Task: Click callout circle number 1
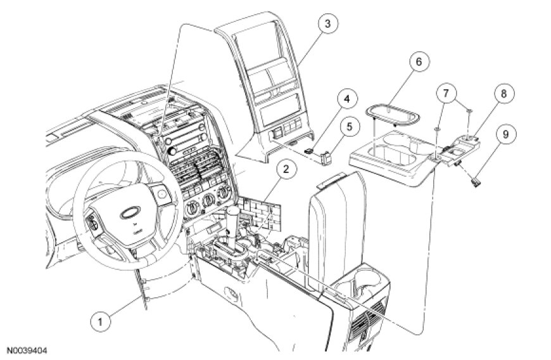pos(98,321)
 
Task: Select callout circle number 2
pos(286,169)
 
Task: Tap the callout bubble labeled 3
pos(326,25)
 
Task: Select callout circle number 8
pos(503,94)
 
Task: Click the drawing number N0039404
pos(27,350)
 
